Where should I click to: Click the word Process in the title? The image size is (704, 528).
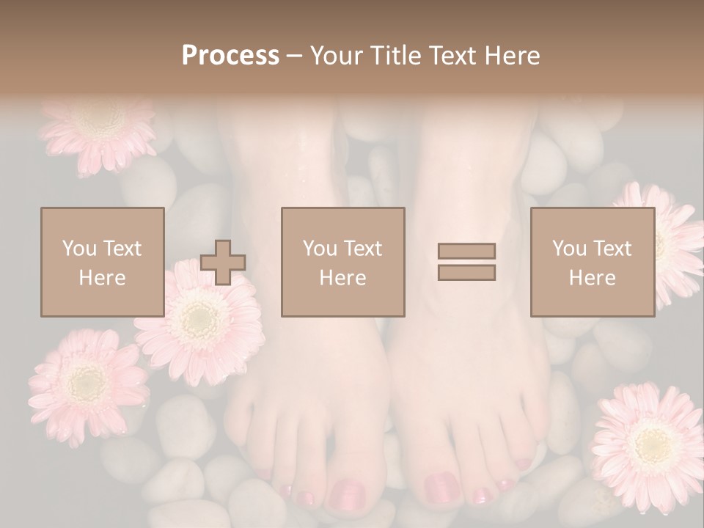pyautogui.click(x=230, y=56)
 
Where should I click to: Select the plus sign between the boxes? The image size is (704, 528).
pyautogui.click(x=223, y=263)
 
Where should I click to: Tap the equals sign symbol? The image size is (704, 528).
pyautogui.click(x=466, y=262)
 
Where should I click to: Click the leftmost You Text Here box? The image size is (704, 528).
pyautogui.click(x=103, y=262)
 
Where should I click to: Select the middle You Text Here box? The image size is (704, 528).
pyautogui.click(x=343, y=262)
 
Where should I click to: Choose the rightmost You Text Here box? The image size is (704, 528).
pyautogui.click(x=593, y=262)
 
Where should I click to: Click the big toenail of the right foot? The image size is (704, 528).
pyautogui.click(x=442, y=488)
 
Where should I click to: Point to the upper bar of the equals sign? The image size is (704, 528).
pyautogui.click(x=466, y=251)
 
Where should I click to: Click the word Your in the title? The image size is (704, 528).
pyautogui.click(x=337, y=56)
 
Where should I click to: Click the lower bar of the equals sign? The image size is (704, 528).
pyautogui.click(x=466, y=273)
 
